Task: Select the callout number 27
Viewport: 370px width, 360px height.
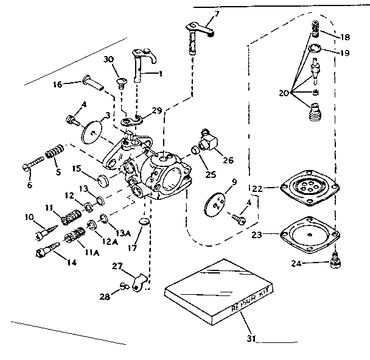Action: pos(116,266)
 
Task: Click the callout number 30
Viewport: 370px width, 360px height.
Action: pos(109,59)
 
